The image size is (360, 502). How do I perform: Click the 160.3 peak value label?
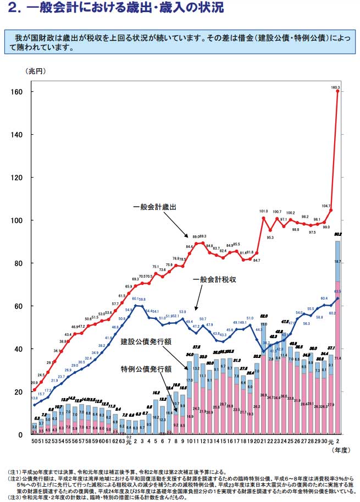pos(336,87)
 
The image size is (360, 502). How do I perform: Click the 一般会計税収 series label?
pos(214,279)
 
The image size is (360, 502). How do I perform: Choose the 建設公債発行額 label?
pos(143,342)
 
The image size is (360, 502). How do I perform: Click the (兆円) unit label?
pos(34,71)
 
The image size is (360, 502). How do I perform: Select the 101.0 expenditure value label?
pos(263,211)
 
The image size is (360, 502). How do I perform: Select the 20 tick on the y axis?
pos(18,391)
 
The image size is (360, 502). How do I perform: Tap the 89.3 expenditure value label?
pos(202,236)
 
